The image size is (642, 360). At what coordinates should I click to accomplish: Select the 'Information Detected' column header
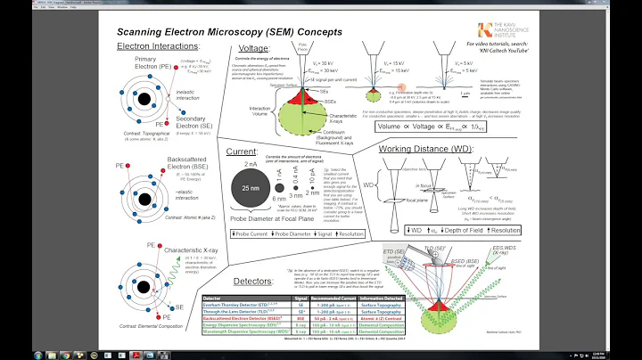click(383, 299)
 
